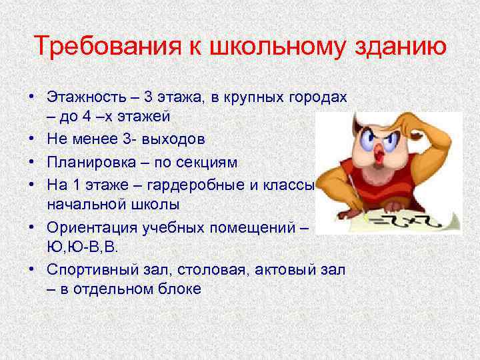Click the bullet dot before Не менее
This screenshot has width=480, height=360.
(31, 139)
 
